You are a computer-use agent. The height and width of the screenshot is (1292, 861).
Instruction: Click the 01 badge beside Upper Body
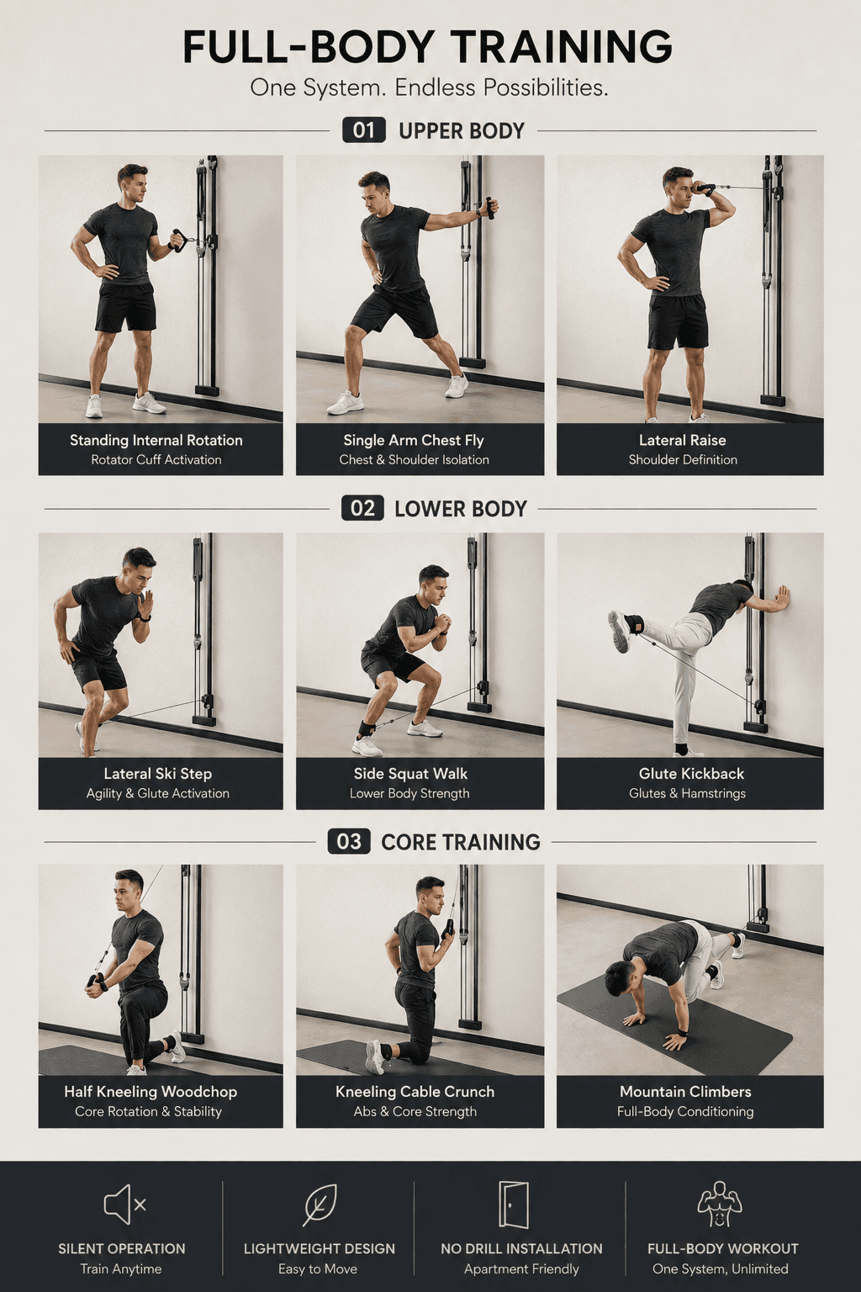point(363,130)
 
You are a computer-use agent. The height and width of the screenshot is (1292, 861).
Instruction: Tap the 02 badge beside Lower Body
point(362,508)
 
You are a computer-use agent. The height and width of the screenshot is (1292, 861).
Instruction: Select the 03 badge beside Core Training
point(349,841)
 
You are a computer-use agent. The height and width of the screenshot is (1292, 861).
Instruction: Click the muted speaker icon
point(124,1205)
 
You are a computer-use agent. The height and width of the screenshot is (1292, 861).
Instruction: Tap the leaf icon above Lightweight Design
point(320,1205)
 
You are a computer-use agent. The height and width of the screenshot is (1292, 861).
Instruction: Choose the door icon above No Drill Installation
point(513,1205)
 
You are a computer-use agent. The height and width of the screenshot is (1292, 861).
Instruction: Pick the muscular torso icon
point(720,1204)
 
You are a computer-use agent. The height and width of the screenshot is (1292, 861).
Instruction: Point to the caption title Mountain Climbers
point(685,1091)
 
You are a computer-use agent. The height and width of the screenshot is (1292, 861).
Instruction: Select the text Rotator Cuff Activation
point(156,460)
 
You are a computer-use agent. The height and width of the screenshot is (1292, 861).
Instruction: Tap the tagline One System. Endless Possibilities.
point(429,87)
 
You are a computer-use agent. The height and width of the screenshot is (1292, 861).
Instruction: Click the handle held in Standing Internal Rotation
point(177,240)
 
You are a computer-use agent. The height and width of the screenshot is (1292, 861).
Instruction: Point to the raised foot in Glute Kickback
point(619,632)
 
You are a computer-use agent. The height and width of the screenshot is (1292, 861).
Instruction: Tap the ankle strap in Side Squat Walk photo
point(367,728)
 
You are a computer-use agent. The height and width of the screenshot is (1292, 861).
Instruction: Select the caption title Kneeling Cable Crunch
point(415,1091)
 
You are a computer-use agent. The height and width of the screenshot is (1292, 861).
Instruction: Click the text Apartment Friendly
point(521,1269)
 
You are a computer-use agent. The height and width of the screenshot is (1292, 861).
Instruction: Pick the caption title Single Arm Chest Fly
point(414,440)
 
